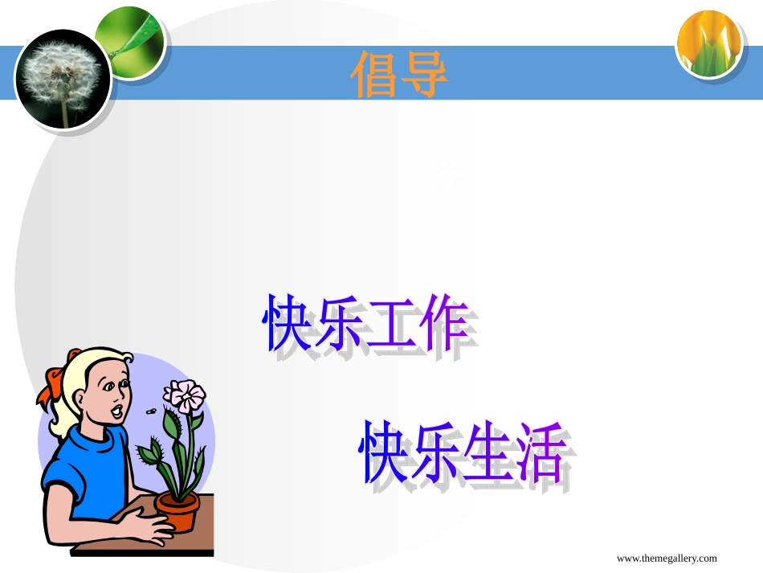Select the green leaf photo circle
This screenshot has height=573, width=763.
[x=129, y=41]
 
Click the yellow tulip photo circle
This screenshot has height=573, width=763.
[x=708, y=45]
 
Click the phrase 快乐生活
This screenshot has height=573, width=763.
[x=463, y=452]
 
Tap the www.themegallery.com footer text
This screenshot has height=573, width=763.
[x=667, y=559]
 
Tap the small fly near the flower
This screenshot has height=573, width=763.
[x=150, y=411]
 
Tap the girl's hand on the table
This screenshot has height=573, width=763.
[x=151, y=530]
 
